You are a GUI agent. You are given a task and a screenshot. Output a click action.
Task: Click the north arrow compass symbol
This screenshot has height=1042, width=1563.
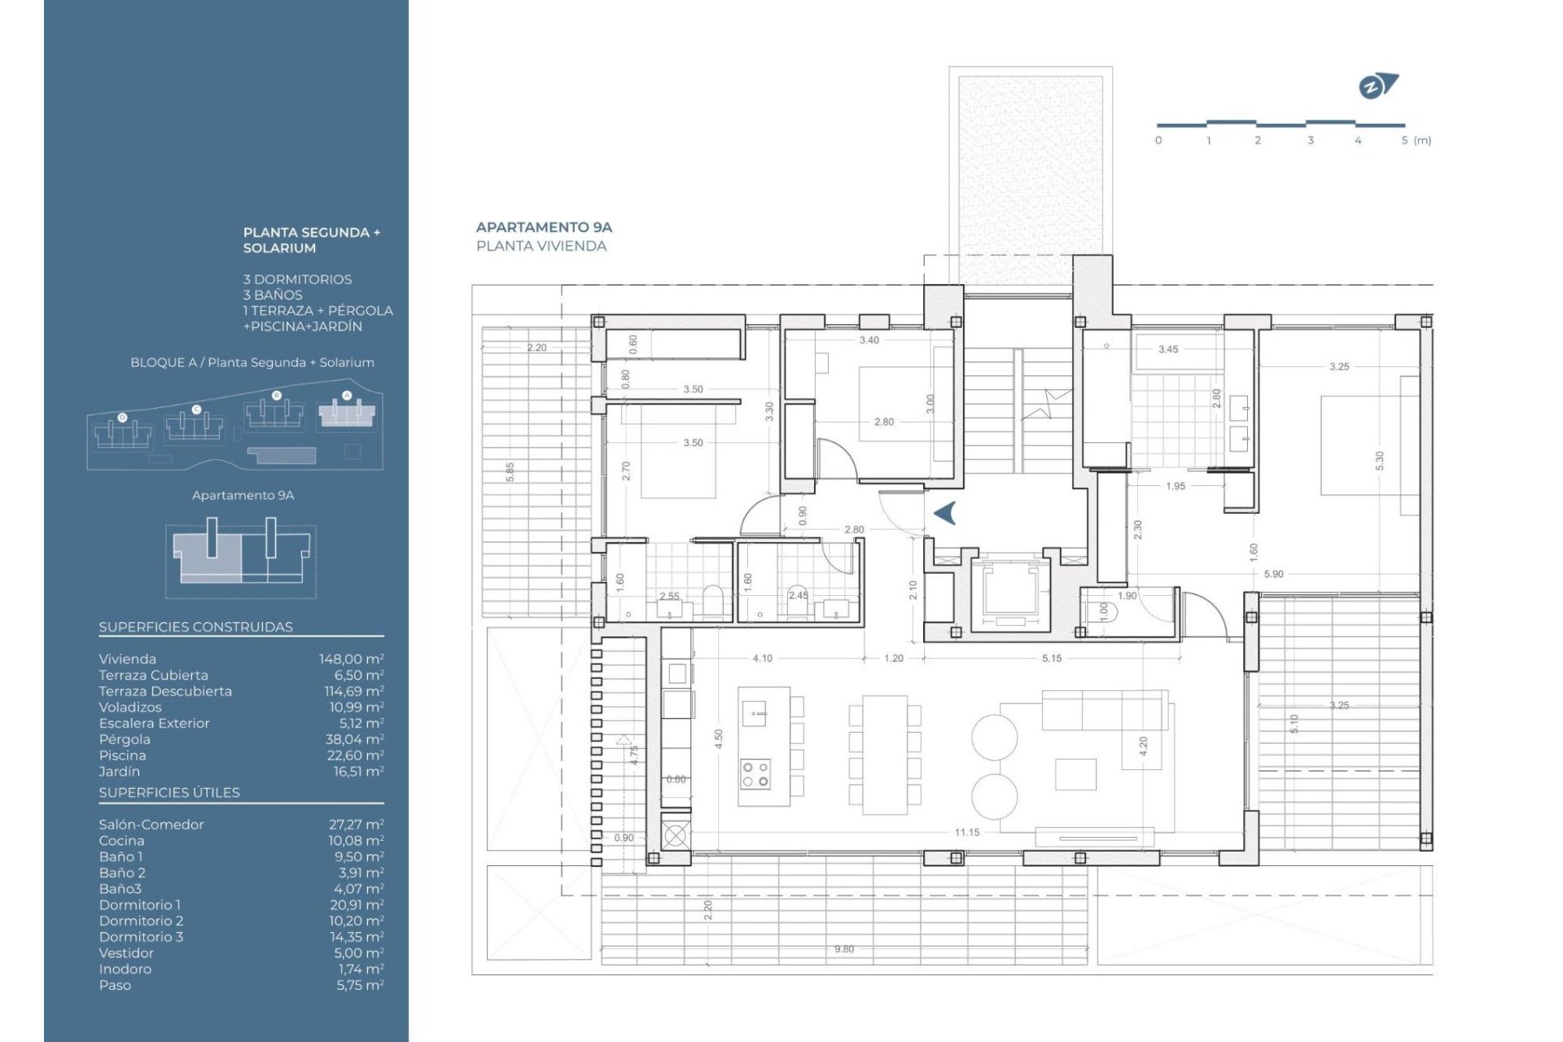click(1376, 86)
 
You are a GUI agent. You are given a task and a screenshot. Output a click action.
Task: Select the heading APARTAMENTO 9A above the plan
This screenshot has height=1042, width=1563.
click(544, 227)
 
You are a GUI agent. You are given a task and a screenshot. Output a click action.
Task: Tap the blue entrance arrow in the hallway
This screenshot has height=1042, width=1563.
click(944, 513)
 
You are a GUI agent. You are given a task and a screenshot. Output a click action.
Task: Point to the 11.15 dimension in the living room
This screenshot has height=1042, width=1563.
click(966, 832)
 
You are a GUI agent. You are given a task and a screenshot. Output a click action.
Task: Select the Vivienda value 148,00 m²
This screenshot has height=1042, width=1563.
click(351, 659)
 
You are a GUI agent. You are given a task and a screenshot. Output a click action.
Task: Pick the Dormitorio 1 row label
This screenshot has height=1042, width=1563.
click(139, 904)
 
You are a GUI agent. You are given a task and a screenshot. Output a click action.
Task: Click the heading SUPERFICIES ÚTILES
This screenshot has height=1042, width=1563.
click(169, 792)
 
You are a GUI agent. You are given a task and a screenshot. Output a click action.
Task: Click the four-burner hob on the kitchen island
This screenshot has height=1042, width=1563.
click(755, 773)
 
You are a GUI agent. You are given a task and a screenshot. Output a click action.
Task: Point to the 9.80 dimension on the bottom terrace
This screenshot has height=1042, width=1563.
click(843, 949)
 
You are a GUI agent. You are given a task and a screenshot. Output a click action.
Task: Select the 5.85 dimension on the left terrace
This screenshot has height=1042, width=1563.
click(510, 472)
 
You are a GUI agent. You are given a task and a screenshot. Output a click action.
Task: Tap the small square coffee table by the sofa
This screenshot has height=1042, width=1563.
click(1075, 773)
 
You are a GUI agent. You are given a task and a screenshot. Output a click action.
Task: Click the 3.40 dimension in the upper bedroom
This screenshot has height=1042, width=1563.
click(869, 340)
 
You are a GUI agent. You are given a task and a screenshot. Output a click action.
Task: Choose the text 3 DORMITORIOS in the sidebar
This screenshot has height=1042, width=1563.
click(297, 279)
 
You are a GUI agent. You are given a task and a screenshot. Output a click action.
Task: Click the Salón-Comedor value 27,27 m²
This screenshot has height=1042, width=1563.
click(356, 825)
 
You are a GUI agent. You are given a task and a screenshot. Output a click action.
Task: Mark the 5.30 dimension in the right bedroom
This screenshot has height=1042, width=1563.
click(1379, 461)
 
